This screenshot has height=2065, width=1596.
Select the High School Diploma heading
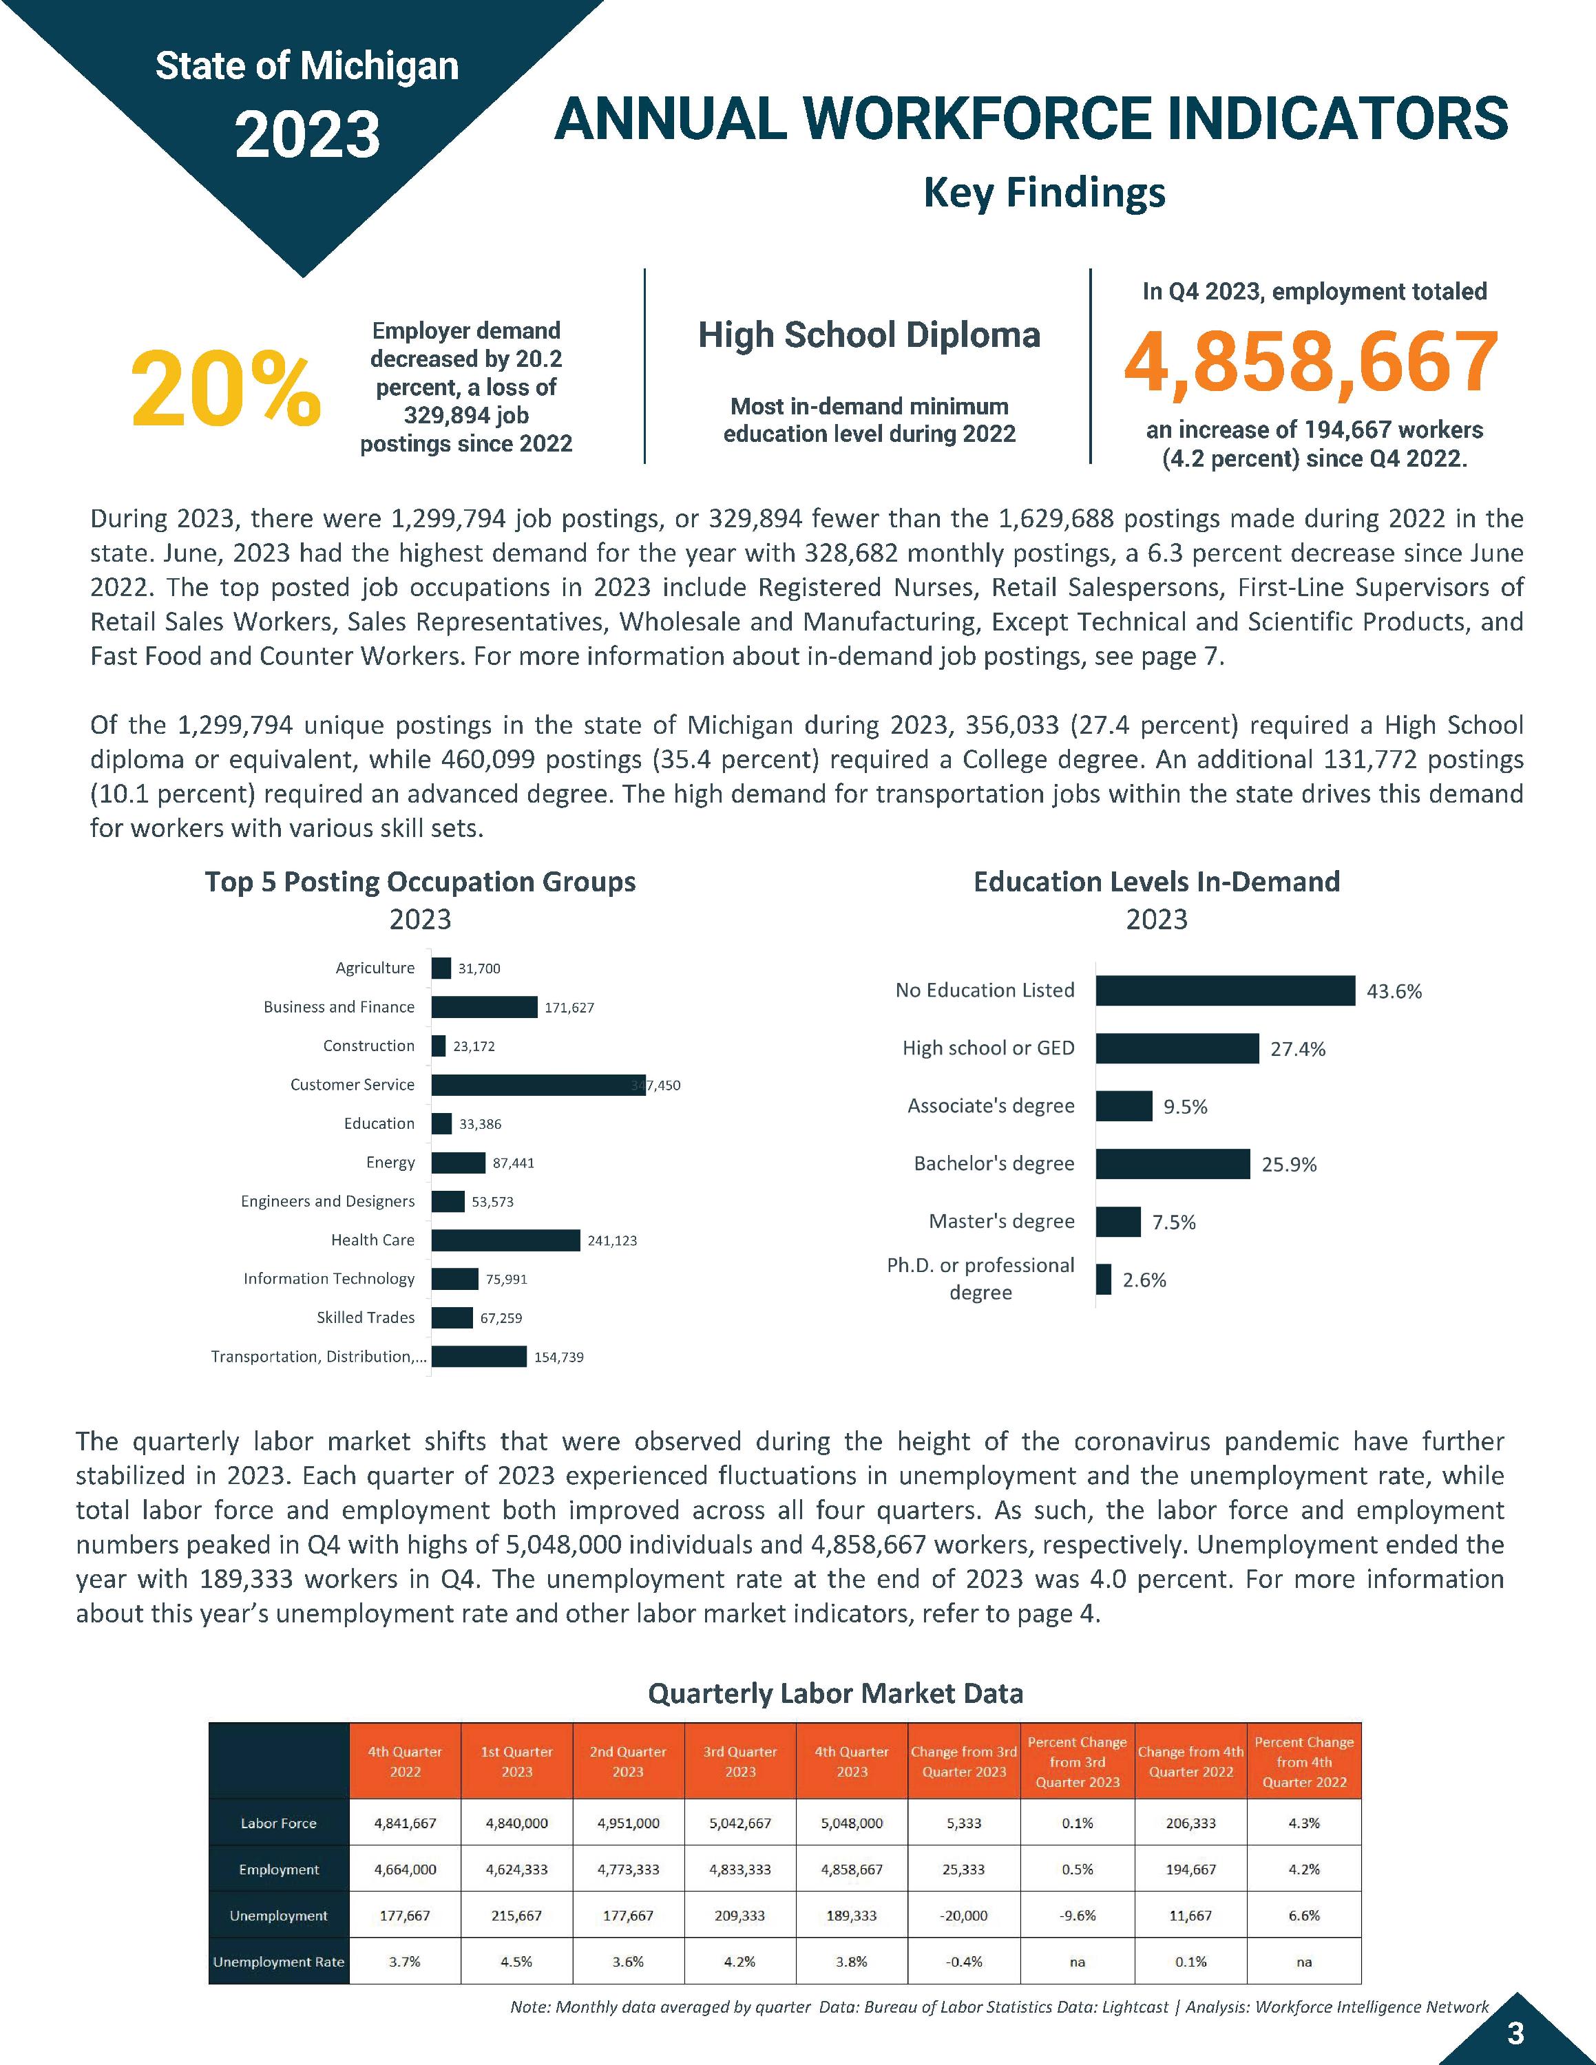point(869,335)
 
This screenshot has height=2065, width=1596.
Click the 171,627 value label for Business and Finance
point(569,1008)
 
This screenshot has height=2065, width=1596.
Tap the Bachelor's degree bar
point(1173,1164)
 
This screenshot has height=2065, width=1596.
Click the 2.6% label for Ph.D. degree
point(1144,1280)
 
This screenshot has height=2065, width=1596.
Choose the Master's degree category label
point(1001,1222)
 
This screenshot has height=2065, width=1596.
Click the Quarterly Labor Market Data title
point(835,1693)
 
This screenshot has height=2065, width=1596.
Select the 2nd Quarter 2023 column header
point(628,1761)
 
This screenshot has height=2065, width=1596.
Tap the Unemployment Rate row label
point(278,1962)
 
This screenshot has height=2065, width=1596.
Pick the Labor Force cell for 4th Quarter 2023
point(851,1823)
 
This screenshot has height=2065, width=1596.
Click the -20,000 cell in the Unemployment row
point(963,1916)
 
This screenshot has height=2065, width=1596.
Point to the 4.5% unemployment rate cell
point(516,1962)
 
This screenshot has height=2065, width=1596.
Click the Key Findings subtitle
point(1044,193)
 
